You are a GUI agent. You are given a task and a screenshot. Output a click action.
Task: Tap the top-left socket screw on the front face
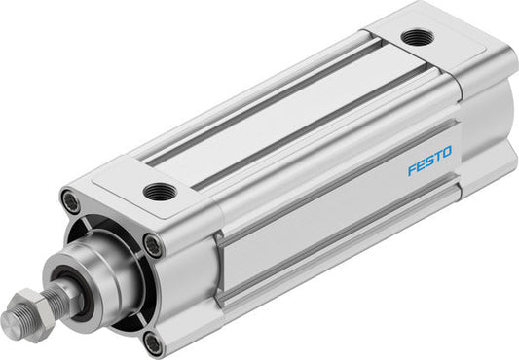pyautogui.click(x=69, y=201)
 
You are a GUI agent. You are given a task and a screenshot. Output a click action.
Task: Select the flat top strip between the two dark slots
pyautogui.click(x=282, y=108)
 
